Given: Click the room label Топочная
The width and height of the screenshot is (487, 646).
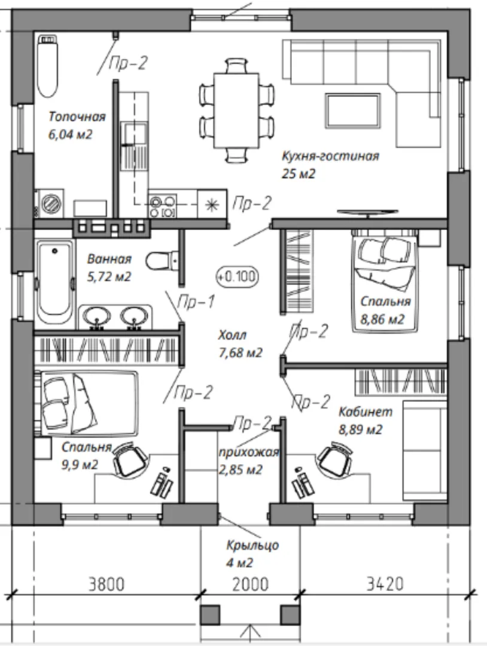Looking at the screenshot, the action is (x=77, y=117).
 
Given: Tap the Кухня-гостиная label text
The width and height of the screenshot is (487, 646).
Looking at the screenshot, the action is (x=330, y=156).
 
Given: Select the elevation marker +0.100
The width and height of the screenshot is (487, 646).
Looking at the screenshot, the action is (x=237, y=276).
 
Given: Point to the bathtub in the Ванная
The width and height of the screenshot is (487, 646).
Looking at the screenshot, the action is (x=55, y=284).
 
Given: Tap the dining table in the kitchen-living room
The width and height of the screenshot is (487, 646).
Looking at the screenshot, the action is (x=236, y=110).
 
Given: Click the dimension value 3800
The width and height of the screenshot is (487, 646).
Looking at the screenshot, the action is (x=106, y=584).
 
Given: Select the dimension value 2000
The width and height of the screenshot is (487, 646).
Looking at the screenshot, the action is (x=251, y=584).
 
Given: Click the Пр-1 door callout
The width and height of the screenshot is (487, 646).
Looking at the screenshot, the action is (x=196, y=302).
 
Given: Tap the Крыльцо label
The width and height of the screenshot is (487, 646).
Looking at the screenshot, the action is (x=252, y=545).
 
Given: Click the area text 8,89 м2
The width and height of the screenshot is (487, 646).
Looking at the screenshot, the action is (x=361, y=429).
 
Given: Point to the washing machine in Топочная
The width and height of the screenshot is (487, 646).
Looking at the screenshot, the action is (x=50, y=203).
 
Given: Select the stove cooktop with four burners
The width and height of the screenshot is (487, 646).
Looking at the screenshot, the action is (x=163, y=206).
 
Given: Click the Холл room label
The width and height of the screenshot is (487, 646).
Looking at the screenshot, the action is (x=233, y=335).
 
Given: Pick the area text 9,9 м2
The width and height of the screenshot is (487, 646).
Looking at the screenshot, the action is (x=80, y=465).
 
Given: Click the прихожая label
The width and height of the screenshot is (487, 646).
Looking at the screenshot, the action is (x=249, y=452).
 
